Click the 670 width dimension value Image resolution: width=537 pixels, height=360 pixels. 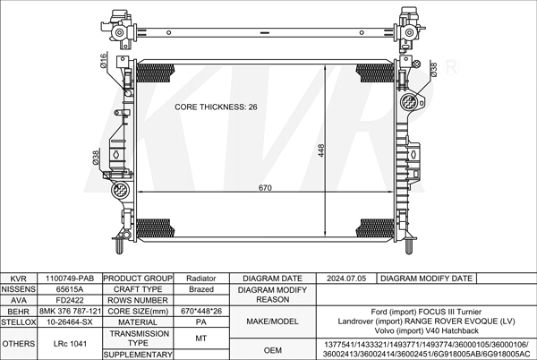265,188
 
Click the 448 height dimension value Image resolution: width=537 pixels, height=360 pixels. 321,150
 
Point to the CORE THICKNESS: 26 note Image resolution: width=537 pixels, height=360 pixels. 216,107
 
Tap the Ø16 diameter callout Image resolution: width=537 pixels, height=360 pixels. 104,60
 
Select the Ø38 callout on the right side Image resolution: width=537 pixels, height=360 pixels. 433,69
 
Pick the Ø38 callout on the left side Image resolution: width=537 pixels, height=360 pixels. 96,158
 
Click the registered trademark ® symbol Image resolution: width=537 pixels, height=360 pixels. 451,67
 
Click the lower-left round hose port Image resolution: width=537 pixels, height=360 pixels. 121,190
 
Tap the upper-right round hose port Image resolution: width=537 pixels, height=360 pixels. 409,101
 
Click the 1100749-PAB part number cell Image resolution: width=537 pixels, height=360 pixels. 70,279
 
